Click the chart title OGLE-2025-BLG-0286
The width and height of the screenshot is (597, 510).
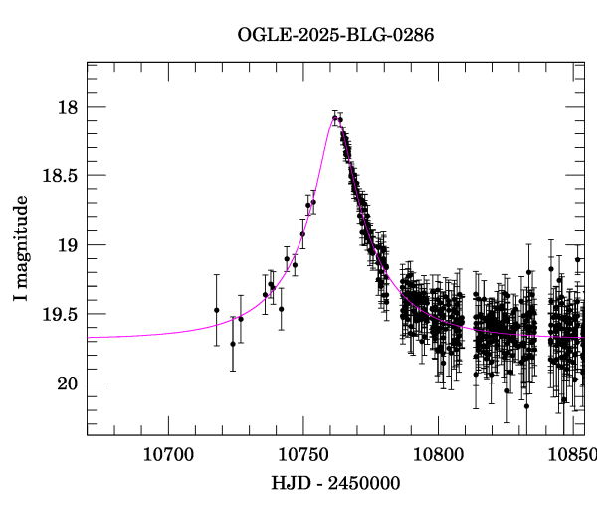pos(335,35)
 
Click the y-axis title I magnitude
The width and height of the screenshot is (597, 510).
pos(22,249)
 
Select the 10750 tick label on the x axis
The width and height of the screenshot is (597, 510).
pos(301,455)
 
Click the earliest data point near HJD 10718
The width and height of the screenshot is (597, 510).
pos(216,310)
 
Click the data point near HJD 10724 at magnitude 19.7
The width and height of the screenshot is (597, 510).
pos(233,344)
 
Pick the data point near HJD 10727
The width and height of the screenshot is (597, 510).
pos(241,318)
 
